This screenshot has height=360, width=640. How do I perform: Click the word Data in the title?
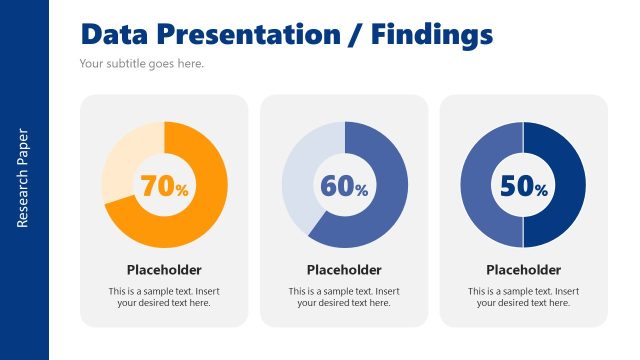tap(114, 35)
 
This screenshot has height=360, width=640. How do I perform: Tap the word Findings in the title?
tap(432, 35)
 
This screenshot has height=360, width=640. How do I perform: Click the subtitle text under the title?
tap(141, 64)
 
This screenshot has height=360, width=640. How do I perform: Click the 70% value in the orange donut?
tap(164, 186)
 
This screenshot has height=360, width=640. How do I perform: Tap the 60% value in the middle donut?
tap(344, 186)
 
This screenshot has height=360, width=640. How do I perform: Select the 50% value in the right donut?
tap(524, 186)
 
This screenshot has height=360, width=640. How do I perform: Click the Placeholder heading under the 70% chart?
tap(164, 270)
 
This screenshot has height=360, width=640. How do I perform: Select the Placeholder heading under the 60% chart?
tap(344, 270)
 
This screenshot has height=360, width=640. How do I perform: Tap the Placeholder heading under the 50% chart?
tap(524, 270)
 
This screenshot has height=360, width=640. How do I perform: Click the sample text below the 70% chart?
tap(164, 297)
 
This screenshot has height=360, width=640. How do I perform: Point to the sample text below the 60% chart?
tap(344, 297)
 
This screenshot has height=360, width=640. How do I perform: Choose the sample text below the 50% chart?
tap(524, 297)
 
